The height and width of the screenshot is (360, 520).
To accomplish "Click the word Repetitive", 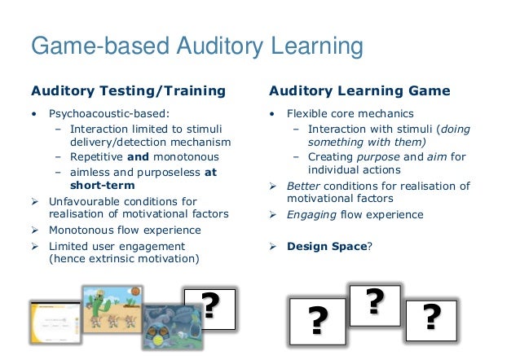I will pos(96,157).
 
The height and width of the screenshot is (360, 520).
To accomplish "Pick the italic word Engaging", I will pos(309,215).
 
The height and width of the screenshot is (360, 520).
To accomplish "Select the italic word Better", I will pos(303,186).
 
